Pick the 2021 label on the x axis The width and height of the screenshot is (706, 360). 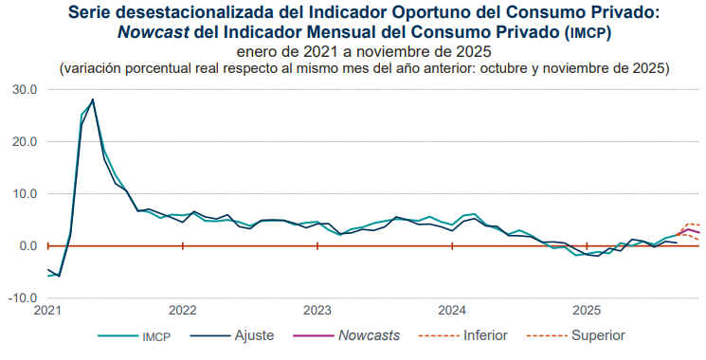tap(47, 310)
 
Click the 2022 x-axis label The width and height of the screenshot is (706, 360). tap(182, 310)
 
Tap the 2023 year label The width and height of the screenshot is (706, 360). tap(317, 310)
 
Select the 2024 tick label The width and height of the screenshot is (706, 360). tap(452, 310)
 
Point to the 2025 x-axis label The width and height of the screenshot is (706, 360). tap(587, 310)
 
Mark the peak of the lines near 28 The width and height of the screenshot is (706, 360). tap(92, 99)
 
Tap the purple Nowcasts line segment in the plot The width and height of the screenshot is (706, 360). tap(693, 230)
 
